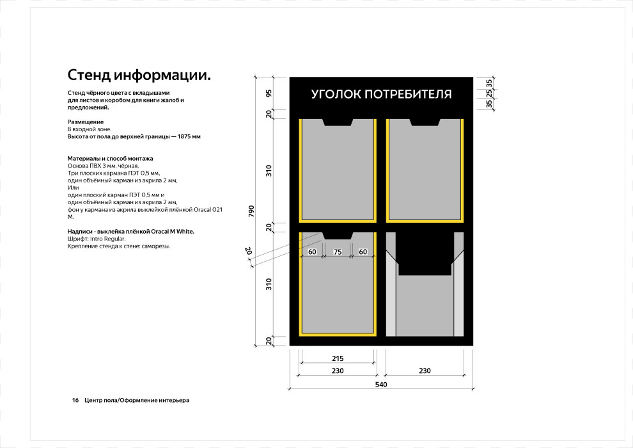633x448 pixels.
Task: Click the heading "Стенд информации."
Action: (139, 76)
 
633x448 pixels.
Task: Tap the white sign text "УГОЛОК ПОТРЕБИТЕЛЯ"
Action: (381, 94)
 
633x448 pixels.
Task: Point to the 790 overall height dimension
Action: (251, 211)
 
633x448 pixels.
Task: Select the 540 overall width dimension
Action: (381, 385)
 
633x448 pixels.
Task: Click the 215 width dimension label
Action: (338, 359)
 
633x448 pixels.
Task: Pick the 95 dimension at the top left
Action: (269, 93)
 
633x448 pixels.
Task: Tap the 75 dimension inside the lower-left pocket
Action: (338, 252)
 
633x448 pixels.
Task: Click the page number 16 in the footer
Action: (75, 401)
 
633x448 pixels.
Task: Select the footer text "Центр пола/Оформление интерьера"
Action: (137, 401)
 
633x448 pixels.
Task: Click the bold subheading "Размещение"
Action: (86, 122)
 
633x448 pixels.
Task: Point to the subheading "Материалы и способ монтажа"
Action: (110, 158)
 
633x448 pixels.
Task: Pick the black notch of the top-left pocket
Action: (338, 122)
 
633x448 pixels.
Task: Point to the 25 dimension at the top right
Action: (489, 93)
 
